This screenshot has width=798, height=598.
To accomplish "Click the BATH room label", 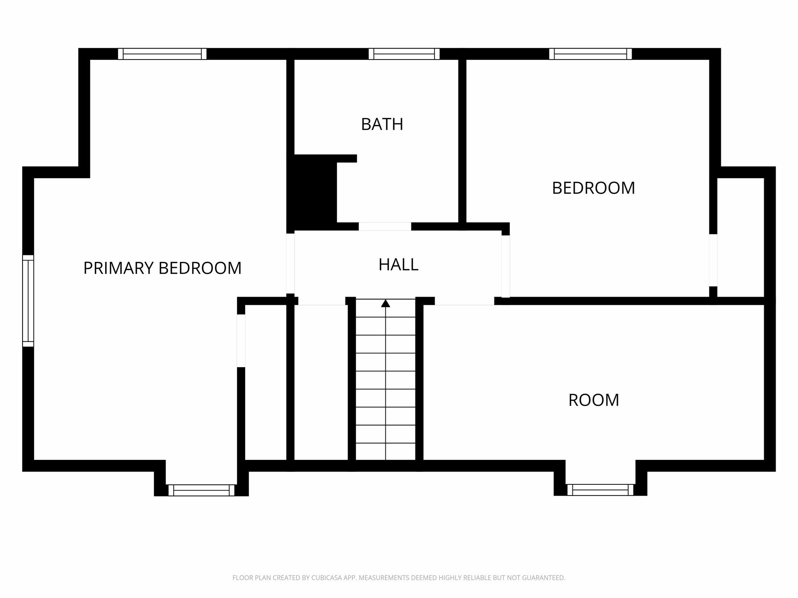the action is pyautogui.click(x=382, y=124).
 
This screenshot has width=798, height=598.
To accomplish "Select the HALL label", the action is pyautogui.click(x=398, y=265).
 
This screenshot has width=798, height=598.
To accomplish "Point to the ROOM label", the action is pyautogui.click(x=593, y=400).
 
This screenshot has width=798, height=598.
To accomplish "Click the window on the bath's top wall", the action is pyautogui.click(x=404, y=54).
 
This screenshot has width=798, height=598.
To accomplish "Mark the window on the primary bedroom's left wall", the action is pyautogui.click(x=28, y=301).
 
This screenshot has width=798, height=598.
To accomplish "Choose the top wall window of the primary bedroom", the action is pyautogui.click(x=162, y=54).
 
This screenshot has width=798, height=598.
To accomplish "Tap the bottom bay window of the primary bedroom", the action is pyautogui.click(x=201, y=490).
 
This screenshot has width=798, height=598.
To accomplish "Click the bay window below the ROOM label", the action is pyautogui.click(x=600, y=490).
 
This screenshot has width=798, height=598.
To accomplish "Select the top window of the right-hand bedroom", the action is pyautogui.click(x=590, y=54).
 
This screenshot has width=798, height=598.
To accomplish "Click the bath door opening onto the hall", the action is pyautogui.click(x=385, y=226).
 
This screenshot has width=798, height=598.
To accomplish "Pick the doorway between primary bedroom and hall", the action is pyautogui.click(x=290, y=263).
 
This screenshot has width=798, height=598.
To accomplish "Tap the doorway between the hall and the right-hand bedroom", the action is pyautogui.click(x=505, y=266).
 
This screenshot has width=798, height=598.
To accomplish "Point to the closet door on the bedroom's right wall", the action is pyautogui.click(x=713, y=260).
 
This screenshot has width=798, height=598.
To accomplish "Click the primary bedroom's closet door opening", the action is pyautogui.click(x=241, y=341).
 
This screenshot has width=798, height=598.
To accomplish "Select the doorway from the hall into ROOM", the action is pyautogui.click(x=464, y=301).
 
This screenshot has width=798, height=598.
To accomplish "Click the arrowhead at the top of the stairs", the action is pyautogui.click(x=385, y=303).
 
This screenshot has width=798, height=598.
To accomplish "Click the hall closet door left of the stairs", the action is pyautogui.click(x=322, y=301).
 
